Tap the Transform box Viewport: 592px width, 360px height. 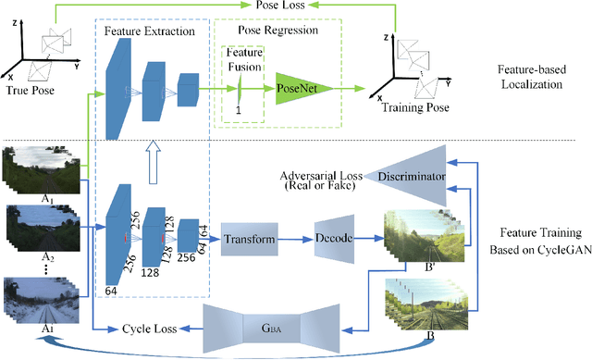tap(250, 239)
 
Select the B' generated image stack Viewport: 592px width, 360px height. tap(416, 237)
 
